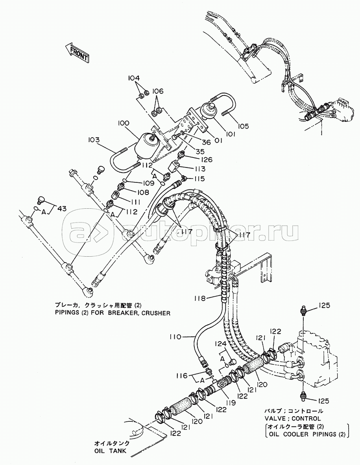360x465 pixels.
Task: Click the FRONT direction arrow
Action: point(77,53)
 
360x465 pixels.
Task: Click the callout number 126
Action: point(206,160)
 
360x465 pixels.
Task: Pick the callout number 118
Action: point(199,298)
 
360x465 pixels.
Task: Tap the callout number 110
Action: point(175,337)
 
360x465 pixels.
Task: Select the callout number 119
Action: point(230,403)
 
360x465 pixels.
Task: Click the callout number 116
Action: point(181,376)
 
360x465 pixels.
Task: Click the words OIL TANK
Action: point(111,451)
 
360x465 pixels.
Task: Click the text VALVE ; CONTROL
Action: point(293,419)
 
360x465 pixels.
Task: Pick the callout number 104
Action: point(133,78)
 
